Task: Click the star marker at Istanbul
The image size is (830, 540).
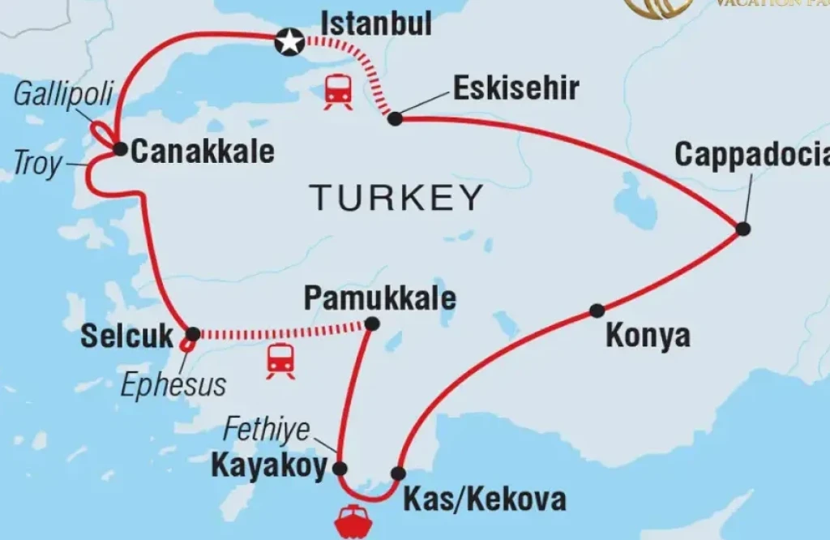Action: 289,41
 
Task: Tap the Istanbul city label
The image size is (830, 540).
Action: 376,24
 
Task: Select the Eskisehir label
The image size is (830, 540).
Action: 516,88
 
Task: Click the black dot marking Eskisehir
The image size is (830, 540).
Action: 395,118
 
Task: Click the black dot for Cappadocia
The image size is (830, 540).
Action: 743,229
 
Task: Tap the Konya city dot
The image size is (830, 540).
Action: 597,310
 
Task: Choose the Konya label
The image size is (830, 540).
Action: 648,336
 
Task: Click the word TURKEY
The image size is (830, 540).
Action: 396,197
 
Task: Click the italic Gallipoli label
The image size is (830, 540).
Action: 63,94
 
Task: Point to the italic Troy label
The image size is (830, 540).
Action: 37,164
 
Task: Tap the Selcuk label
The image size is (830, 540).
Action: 127,336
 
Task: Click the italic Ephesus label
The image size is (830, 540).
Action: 173,384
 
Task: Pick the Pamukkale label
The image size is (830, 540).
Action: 379,298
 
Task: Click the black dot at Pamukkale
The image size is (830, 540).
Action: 371,324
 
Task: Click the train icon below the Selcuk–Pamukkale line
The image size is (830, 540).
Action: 280,360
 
